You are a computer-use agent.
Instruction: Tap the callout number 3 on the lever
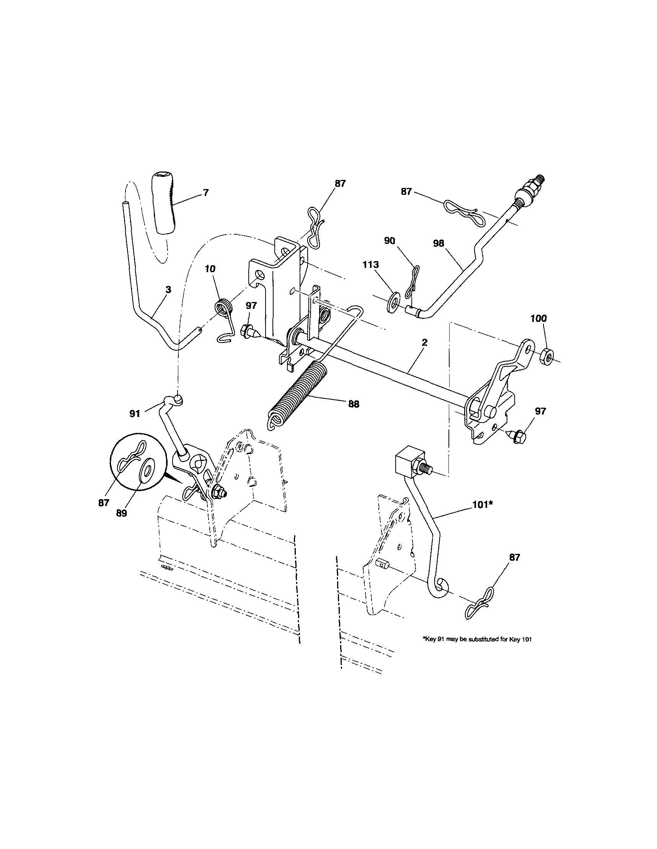tap(168, 290)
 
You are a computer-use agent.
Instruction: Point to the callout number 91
tap(134, 414)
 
